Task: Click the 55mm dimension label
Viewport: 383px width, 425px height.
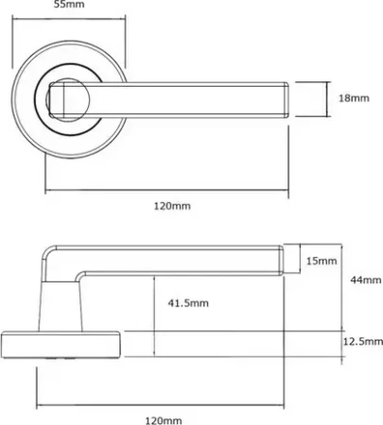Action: coord(69,5)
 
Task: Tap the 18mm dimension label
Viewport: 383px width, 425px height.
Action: coord(354,98)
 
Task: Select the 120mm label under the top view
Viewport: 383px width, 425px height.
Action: coord(172,206)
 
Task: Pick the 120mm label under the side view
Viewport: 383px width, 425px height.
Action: coord(164,420)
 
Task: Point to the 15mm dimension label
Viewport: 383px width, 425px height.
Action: coord(322,261)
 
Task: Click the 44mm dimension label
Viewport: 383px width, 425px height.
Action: coord(366,280)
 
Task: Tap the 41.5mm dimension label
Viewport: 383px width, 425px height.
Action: coord(188,303)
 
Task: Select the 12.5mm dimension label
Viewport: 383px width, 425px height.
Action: coord(363,342)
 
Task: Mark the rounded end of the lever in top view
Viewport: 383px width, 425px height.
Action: coord(287,100)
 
